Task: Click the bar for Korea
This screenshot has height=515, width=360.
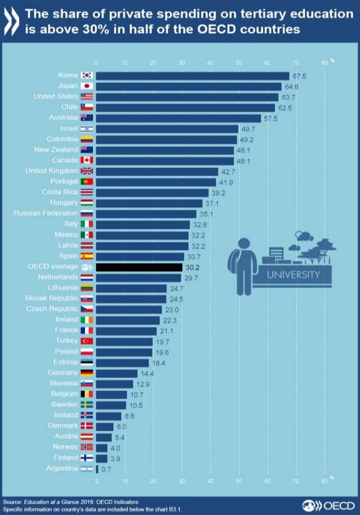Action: coord(192,76)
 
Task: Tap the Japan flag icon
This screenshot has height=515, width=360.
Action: coord(87,86)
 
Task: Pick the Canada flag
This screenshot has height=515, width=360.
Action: coord(87,160)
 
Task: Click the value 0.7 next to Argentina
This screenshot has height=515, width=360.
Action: coord(106,469)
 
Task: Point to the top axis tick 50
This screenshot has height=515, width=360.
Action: coord(239,63)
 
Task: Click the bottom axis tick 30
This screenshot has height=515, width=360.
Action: coord(182,481)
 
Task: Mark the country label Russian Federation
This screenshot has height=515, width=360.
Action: coord(46,213)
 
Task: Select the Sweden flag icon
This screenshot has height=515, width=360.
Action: coord(87,405)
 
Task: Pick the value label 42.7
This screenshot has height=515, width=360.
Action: coord(227,171)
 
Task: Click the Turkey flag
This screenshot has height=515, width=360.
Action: coord(87,342)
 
